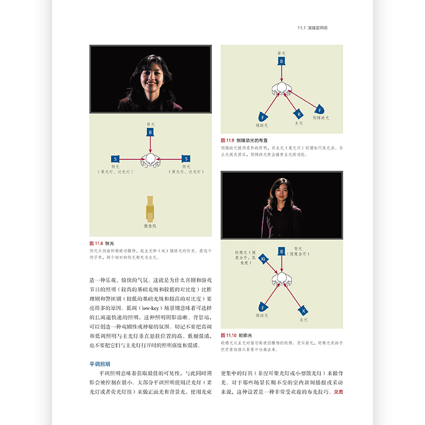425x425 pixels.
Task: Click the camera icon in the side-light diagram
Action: (x=150, y=208)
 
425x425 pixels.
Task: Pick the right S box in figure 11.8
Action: (x=185, y=158)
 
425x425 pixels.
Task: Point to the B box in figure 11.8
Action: (x=150, y=132)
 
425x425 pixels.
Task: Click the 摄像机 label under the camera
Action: (x=150, y=226)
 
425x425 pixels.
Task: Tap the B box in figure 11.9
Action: (x=282, y=61)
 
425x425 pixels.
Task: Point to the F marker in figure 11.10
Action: (x=263, y=308)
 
